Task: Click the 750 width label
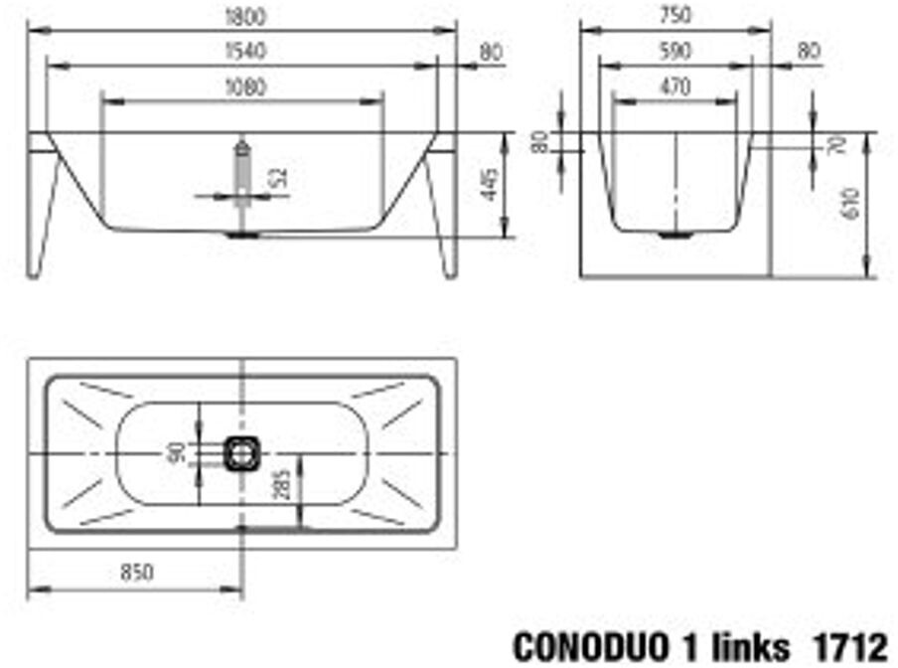(675, 16)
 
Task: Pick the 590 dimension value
(674, 52)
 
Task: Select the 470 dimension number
(674, 86)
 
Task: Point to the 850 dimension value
(136, 572)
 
